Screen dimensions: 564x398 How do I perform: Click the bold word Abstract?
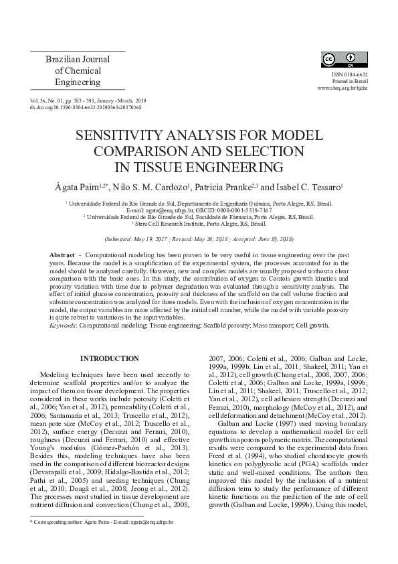pos(62,257)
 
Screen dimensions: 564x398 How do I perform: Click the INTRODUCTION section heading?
pos(110,359)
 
